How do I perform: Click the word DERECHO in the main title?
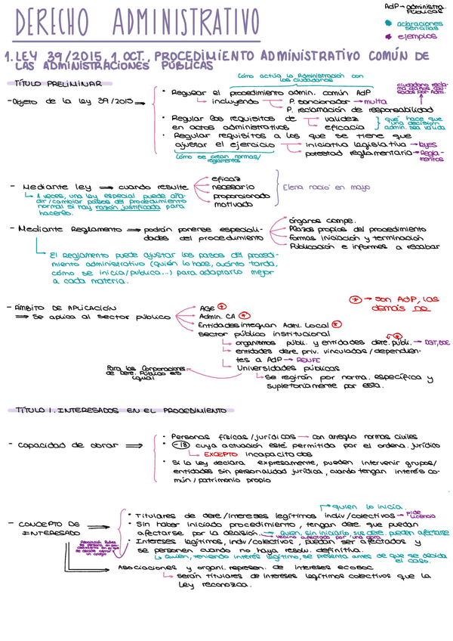tap(58, 23)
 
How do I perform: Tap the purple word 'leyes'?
tap(427, 144)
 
